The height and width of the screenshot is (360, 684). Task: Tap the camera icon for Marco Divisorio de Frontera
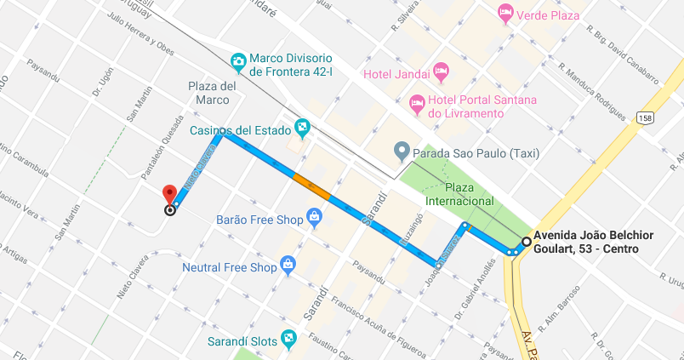(239, 61)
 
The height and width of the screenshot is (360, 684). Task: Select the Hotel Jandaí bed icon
(440, 73)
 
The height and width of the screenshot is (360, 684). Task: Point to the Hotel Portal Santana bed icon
(417, 106)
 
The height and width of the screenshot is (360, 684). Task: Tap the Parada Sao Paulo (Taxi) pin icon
(402, 153)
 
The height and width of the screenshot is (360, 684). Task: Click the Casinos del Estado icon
(300, 129)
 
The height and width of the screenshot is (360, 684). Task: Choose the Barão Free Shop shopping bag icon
(314, 219)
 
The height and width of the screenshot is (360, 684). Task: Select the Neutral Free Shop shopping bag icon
(288, 266)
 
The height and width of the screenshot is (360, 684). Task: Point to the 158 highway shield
(646, 117)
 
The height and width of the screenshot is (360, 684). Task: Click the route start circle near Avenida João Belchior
(526, 243)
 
